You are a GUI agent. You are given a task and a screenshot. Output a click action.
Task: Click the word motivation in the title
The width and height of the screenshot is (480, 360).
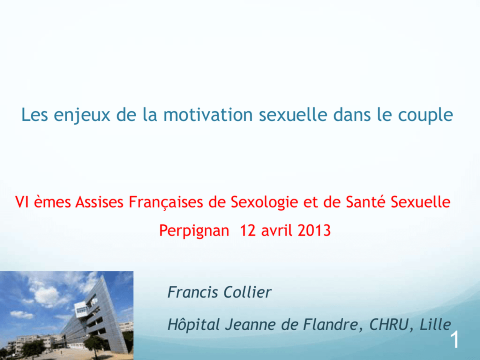[208, 115]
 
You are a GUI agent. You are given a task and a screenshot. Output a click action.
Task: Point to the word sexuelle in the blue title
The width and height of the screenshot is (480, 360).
[293, 115]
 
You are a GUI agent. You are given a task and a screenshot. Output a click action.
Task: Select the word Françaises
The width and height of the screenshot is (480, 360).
[165, 203]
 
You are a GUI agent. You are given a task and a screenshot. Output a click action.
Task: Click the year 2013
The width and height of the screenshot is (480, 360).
[314, 230]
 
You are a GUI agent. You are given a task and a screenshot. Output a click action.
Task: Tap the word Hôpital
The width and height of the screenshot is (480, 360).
[194, 325]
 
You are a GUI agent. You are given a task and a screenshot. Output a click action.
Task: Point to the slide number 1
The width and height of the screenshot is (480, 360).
[455, 340]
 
